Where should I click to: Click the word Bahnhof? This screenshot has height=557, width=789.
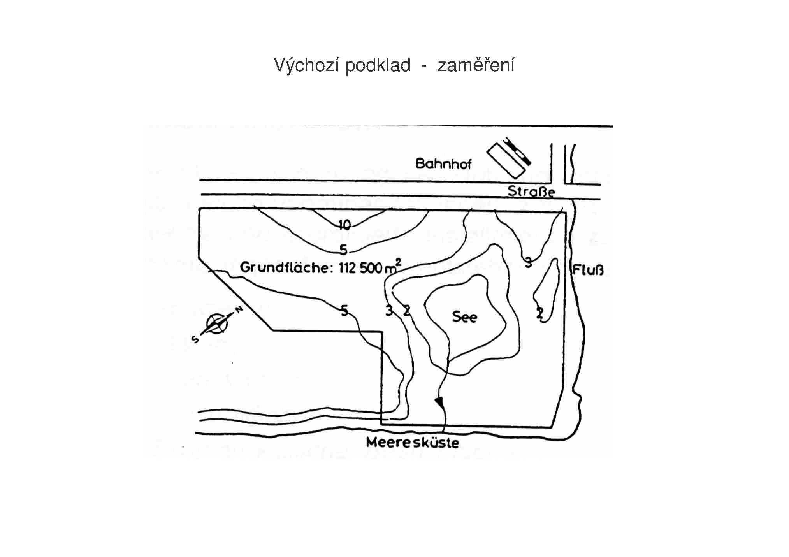(x=443, y=163)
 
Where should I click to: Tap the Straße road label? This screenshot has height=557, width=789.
(x=531, y=192)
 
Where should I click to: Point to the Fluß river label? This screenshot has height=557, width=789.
(x=588, y=270)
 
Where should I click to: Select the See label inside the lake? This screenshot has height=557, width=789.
(x=464, y=317)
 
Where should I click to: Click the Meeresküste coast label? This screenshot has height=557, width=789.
(x=413, y=443)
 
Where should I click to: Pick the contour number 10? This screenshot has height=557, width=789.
(x=344, y=225)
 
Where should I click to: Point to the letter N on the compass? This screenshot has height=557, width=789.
(x=239, y=310)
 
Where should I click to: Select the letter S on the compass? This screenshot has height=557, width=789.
(x=195, y=339)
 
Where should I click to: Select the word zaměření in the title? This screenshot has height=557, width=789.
(x=476, y=65)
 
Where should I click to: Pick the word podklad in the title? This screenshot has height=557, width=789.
(x=378, y=65)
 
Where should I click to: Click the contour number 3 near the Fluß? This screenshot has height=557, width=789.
(x=528, y=263)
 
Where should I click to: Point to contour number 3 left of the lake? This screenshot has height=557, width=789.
(x=389, y=311)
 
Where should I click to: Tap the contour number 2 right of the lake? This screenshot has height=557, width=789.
(x=540, y=313)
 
